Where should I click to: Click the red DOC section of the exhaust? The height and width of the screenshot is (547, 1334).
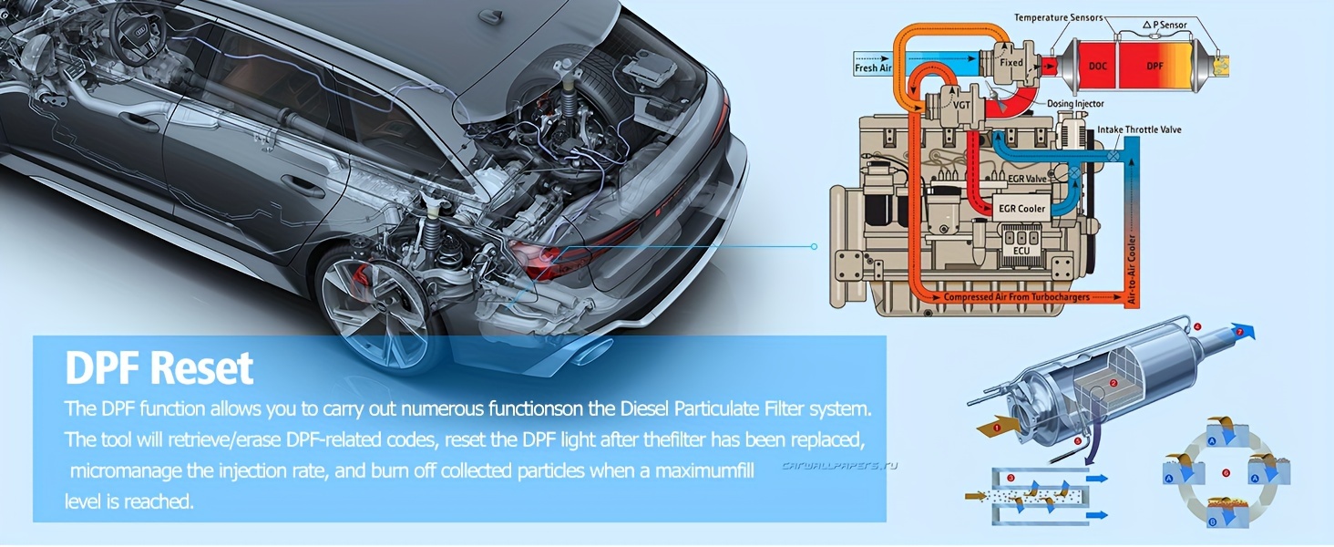[1097, 66]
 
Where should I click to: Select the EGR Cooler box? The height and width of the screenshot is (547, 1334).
[1021, 209]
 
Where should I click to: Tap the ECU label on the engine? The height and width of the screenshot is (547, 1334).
[1021, 251]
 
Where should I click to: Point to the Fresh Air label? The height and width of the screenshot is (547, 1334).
[873, 68]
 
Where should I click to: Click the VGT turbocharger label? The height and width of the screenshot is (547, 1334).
[961, 105]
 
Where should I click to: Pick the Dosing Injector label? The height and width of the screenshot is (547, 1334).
[1075, 104]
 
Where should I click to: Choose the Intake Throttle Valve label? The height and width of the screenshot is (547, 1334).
[1139, 129]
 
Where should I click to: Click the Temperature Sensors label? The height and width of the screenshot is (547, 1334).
[1059, 18]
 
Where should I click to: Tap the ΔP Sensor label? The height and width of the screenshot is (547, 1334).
[1165, 25]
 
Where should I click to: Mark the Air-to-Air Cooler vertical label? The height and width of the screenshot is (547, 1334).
[1132, 269]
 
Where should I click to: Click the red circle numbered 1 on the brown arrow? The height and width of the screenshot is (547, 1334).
[997, 428]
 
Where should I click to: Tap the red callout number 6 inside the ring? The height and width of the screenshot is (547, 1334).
[1226, 473]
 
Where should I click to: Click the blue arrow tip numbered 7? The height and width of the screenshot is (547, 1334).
[1240, 332]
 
